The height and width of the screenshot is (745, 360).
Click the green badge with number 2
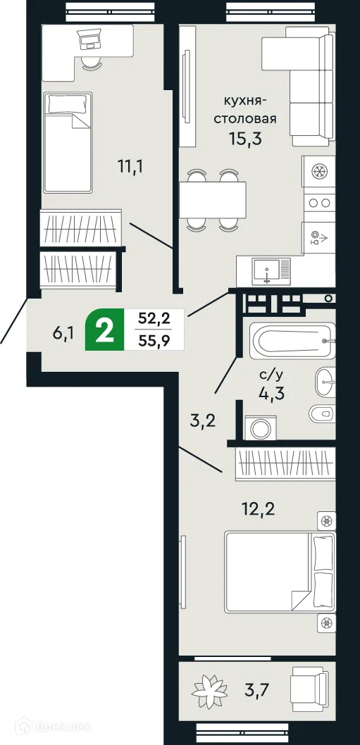[x=104, y=330]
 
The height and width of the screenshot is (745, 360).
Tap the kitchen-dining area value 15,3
[x=244, y=138]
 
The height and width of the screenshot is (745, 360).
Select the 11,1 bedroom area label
[x=132, y=167]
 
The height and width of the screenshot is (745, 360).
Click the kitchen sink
[x=267, y=270]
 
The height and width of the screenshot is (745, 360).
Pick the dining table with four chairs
[x=211, y=200]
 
